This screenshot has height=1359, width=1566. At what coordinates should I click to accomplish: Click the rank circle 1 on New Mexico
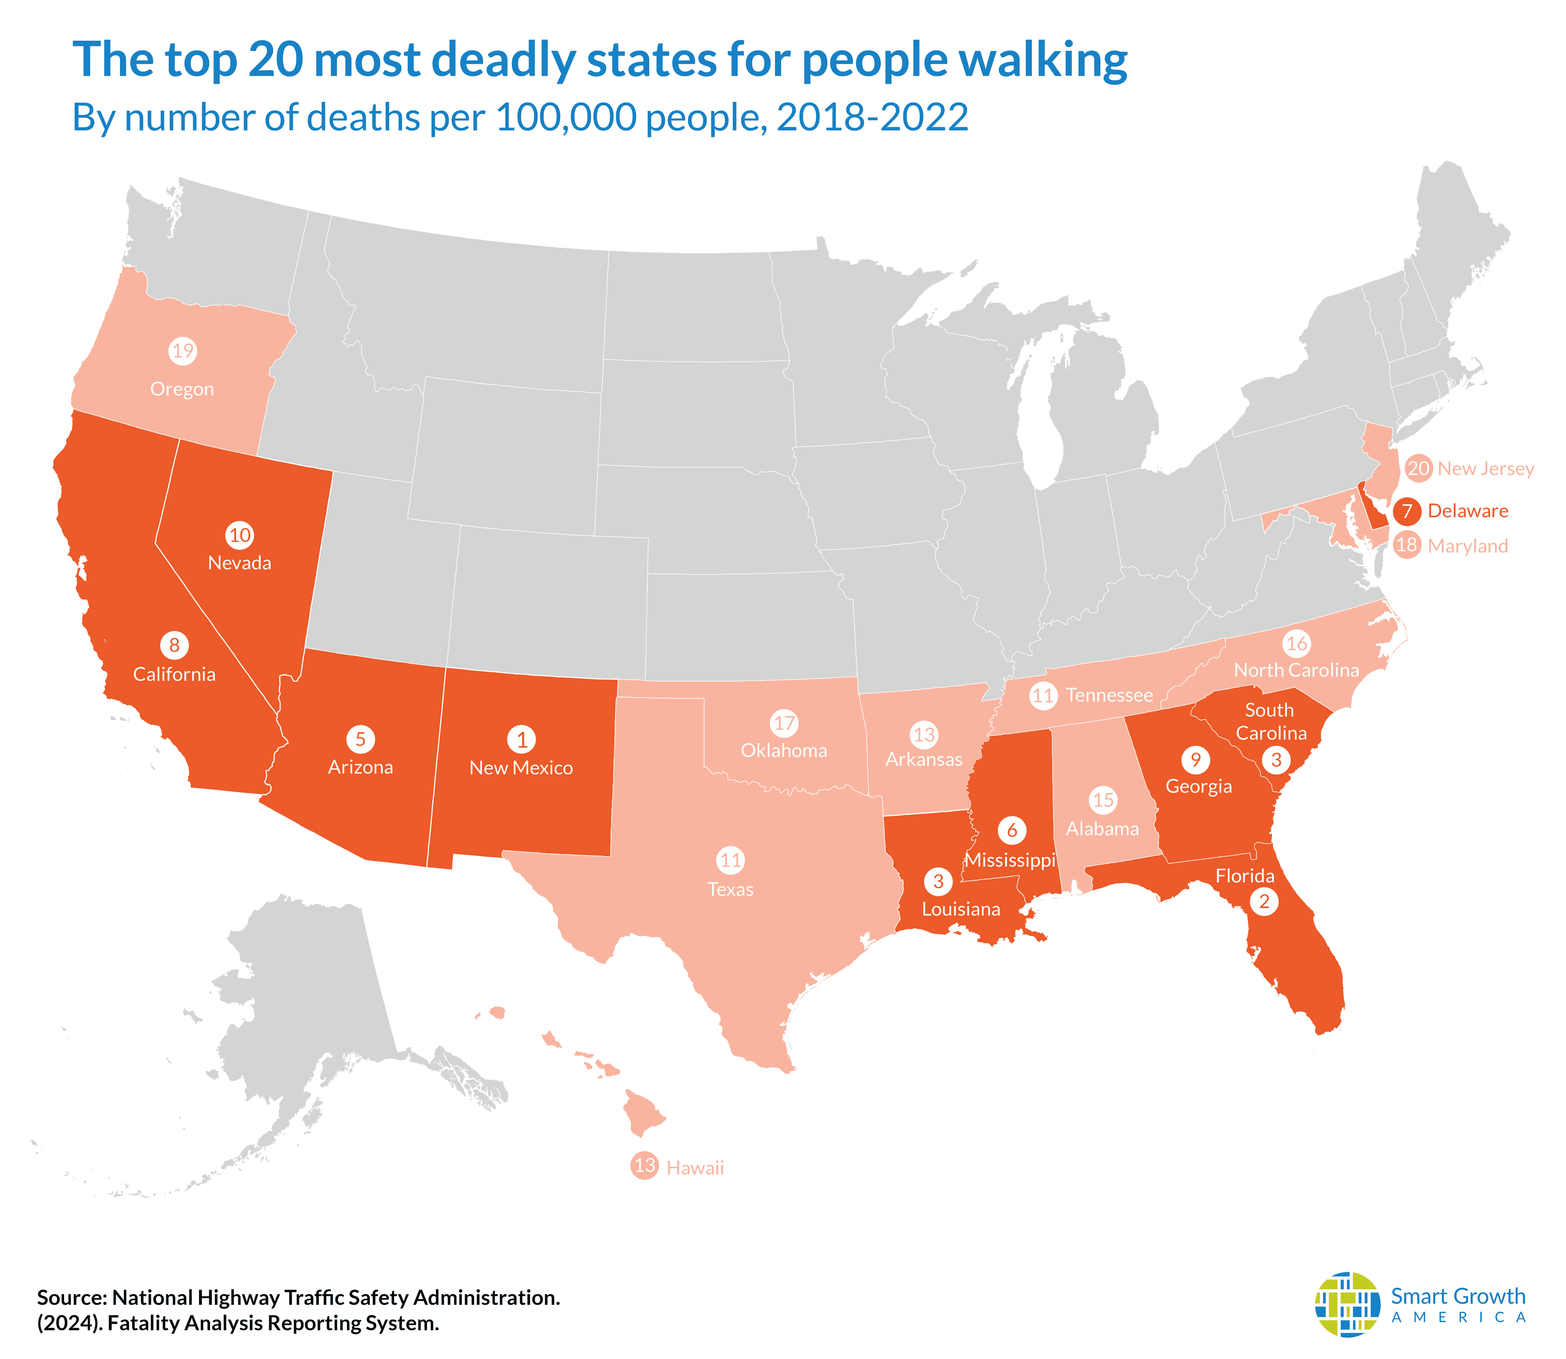click(x=521, y=739)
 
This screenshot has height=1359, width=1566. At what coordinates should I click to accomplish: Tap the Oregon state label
click(x=182, y=389)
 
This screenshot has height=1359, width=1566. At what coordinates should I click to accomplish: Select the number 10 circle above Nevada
click(x=240, y=535)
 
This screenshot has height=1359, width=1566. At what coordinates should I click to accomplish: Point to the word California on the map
click(x=175, y=674)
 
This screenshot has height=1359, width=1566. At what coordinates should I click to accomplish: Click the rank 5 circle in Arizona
click(x=360, y=739)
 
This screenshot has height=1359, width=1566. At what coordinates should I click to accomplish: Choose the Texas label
click(x=730, y=890)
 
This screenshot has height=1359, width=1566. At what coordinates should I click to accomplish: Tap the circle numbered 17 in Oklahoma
click(x=784, y=723)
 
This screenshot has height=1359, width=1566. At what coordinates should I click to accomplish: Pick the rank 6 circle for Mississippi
click(x=1012, y=831)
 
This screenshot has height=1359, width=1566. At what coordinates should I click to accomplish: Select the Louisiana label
click(x=961, y=909)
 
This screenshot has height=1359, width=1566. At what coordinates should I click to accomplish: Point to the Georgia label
click(x=1198, y=787)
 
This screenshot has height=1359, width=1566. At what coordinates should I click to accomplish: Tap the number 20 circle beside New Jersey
click(x=1418, y=468)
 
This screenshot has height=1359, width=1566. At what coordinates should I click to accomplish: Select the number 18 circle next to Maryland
click(x=1407, y=545)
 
